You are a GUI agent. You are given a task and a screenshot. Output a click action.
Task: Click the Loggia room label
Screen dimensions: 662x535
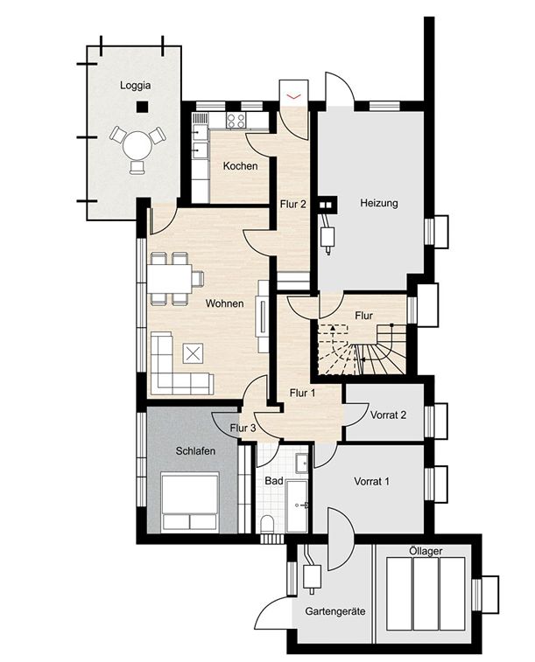(136, 87)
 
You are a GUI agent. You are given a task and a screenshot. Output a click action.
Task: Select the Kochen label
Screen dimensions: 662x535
(240, 166)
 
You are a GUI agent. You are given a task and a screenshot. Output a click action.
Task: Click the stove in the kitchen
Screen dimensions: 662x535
(236, 121)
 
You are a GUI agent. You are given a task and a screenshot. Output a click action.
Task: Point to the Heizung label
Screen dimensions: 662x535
(379, 204)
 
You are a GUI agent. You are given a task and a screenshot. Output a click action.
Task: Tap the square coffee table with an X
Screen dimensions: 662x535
(193, 353)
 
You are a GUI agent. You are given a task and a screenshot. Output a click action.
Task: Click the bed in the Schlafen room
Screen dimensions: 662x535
(190, 501)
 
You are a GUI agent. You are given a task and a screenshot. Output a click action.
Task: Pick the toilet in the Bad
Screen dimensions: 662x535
(267, 524)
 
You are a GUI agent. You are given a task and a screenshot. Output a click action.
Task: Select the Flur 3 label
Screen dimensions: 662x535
(243, 429)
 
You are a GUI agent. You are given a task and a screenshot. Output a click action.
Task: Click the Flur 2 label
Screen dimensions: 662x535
(292, 206)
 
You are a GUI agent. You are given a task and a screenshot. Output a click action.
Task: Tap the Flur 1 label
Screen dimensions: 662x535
(302, 394)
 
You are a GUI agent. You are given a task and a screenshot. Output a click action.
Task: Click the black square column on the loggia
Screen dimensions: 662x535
(141, 108)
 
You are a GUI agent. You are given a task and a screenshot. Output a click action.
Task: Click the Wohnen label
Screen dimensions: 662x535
(225, 304)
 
